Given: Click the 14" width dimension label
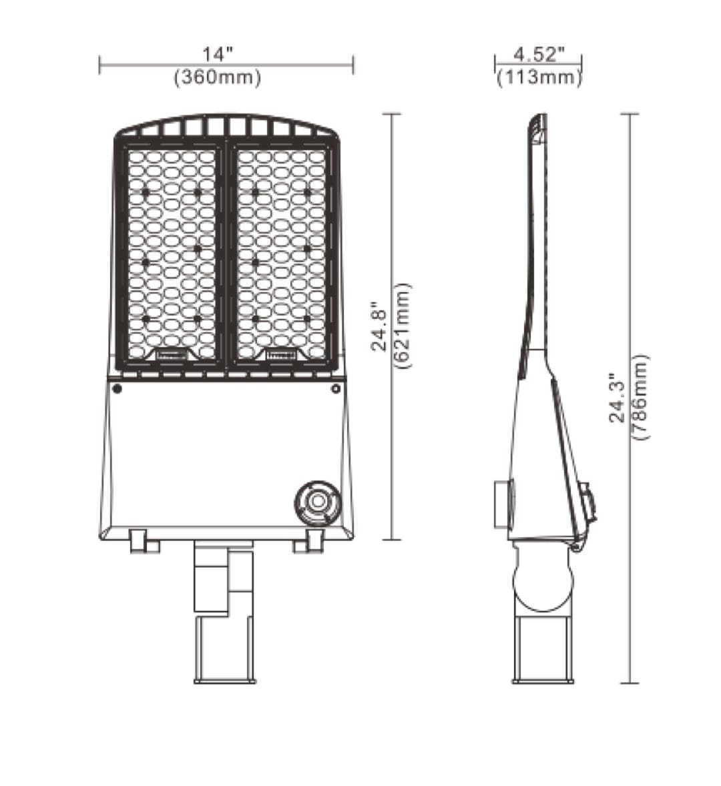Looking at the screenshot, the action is (218, 53).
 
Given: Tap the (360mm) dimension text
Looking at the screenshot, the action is (218, 77).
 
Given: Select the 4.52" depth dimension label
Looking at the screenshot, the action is (539, 53).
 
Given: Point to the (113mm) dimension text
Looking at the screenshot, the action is (539, 77).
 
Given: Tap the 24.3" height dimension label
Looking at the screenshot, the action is (618, 398).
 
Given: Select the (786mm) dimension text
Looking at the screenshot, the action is (640, 397).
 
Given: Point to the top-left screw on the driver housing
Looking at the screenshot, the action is (117, 388).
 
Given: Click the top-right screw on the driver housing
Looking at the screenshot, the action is (335, 388).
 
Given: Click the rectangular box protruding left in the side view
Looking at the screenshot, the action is (503, 504).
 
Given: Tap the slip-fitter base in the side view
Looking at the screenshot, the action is (543, 650).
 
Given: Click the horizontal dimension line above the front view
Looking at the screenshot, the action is (226, 65).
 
